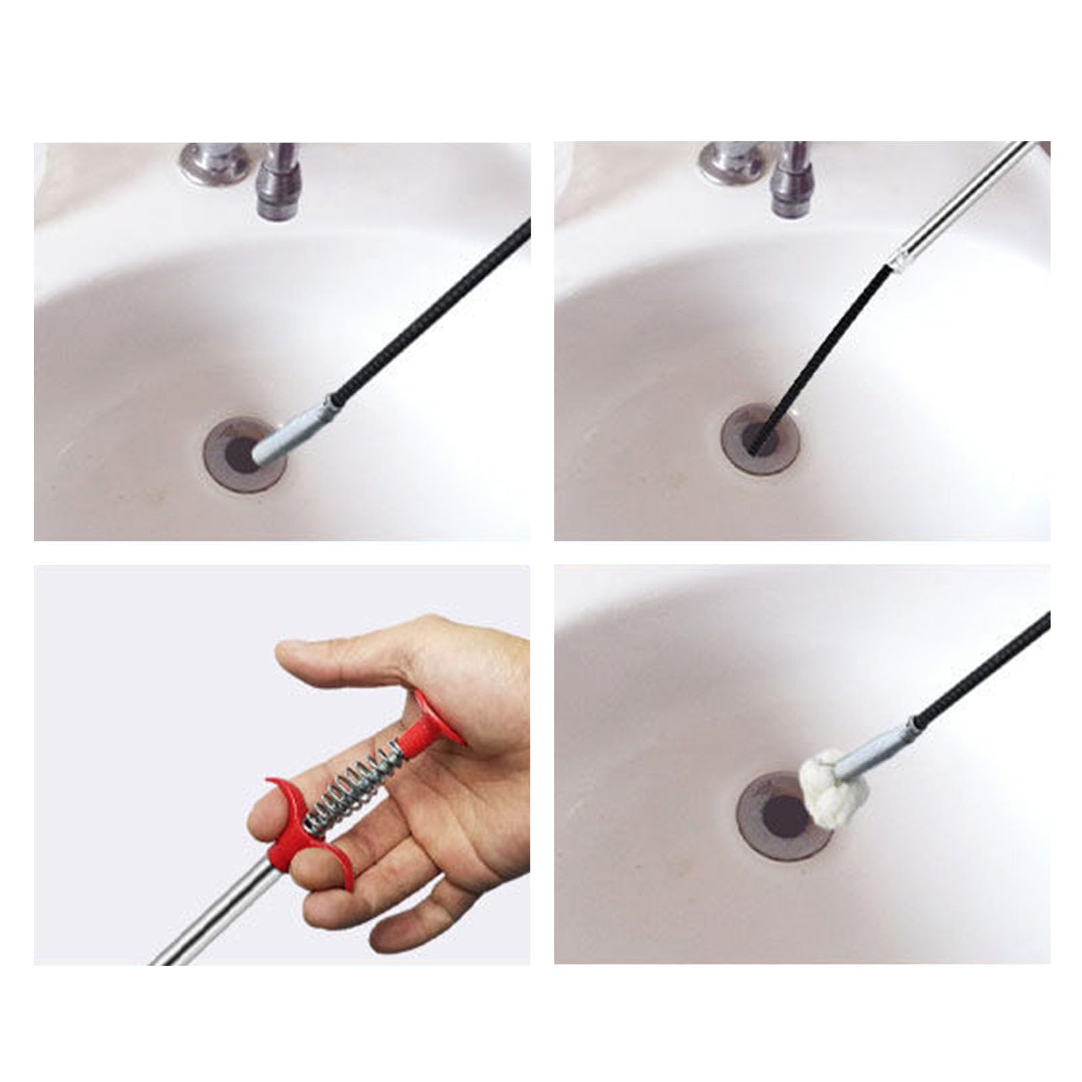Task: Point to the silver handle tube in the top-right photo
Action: click(x=960, y=203)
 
